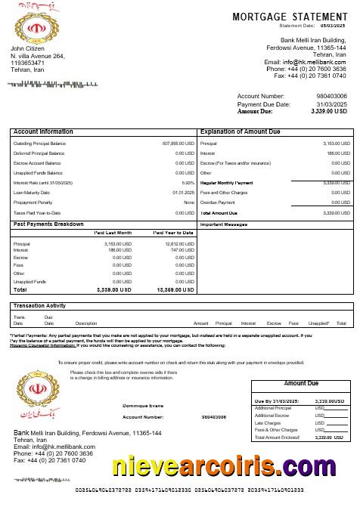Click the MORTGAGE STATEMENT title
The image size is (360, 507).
[290, 16]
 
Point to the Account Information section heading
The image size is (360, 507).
[44, 131]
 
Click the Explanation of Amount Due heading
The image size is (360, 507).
[241, 131]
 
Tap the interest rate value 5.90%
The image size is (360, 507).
[188, 182]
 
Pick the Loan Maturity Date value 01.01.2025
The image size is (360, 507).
[183, 192]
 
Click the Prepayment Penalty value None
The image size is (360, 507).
[189, 202]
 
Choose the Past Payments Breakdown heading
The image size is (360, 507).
[48, 224]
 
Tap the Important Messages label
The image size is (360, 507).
[223, 224]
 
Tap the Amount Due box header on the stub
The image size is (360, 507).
[300, 384]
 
